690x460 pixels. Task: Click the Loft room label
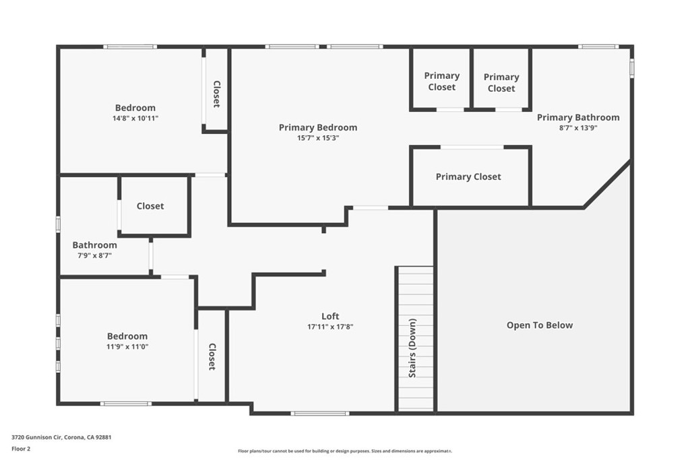[330, 316]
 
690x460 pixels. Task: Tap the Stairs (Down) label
[412, 348]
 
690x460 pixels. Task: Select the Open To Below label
[540, 325]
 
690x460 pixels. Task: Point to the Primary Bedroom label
[318, 127]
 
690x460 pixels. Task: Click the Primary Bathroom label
[578, 117]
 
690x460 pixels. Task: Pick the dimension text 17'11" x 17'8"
[330, 327]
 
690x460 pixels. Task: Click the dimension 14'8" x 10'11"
[135, 118]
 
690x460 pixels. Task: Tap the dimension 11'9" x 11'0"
[127, 347]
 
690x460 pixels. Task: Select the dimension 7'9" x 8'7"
[94, 256]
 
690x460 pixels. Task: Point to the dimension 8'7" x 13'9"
[578, 128]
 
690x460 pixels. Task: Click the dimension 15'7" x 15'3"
[318, 138]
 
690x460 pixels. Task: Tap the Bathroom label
[94, 245]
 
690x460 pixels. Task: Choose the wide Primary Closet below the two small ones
[468, 176]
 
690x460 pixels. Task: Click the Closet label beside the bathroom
[150, 206]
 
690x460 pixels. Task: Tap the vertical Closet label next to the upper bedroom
[216, 94]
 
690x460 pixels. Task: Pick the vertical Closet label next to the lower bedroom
[212, 357]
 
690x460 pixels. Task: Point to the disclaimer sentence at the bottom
[344, 451]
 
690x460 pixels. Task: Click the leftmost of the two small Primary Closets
[442, 81]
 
